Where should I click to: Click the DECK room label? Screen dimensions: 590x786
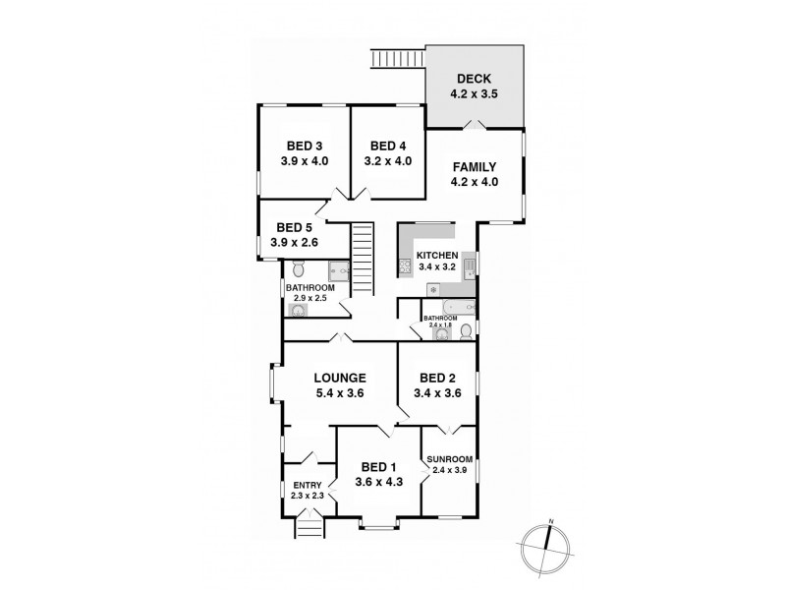click(474, 80)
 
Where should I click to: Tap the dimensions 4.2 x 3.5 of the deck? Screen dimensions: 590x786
click(474, 96)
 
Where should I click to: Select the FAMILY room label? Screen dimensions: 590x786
click(474, 165)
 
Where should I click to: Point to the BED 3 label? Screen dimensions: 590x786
click(305, 145)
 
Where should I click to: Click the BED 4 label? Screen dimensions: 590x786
click(388, 145)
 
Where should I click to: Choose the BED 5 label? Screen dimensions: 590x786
click(294, 225)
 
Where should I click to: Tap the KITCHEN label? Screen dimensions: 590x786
click(436, 255)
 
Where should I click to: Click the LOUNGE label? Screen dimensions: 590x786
click(340, 377)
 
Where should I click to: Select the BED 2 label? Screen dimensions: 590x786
click(436, 377)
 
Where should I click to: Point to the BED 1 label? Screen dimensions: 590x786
click(377, 466)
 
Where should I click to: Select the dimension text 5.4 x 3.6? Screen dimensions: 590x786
click(340, 393)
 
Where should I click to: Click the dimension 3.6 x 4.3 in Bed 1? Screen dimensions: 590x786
click(377, 482)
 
